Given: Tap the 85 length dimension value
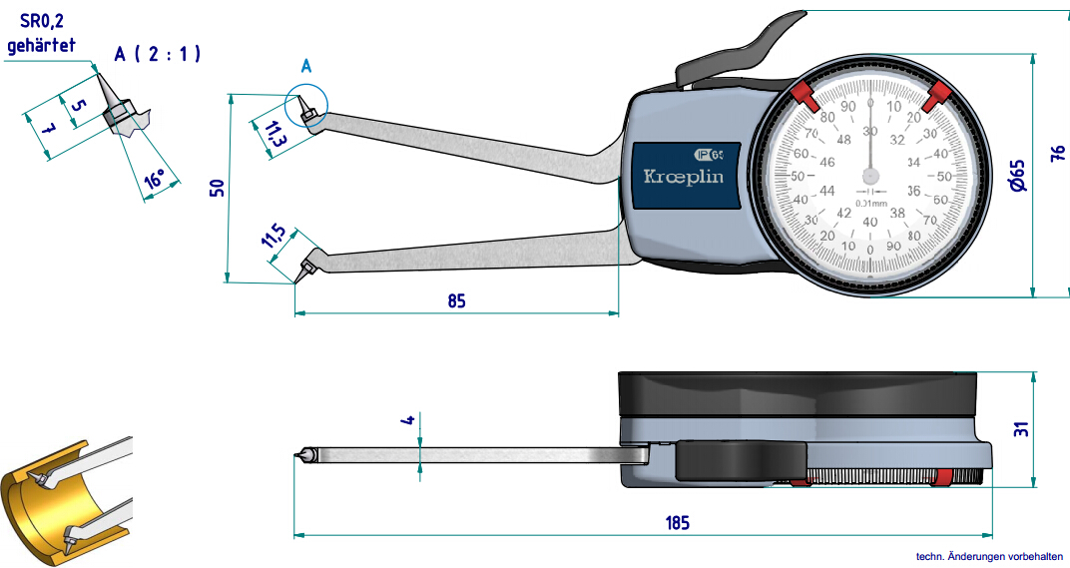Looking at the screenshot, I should tap(456, 300).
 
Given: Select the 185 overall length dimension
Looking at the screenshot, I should tap(676, 522).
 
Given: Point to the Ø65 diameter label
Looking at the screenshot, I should tap(1016, 175).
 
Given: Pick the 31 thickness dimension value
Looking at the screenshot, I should tap(1021, 429).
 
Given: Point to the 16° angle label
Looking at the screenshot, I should tap(155, 180).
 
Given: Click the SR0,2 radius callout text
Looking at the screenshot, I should tap(41, 23).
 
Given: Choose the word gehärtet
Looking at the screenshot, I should tap(41, 45).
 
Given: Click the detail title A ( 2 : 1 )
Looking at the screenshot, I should tap(157, 54).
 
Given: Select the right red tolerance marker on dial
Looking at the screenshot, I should tap(936, 97).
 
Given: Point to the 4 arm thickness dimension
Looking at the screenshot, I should tap(407, 420).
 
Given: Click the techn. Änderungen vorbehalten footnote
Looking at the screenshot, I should tap(989, 556).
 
